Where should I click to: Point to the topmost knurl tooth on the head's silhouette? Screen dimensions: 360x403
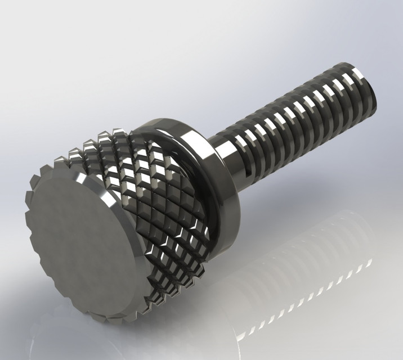click(119, 133)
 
